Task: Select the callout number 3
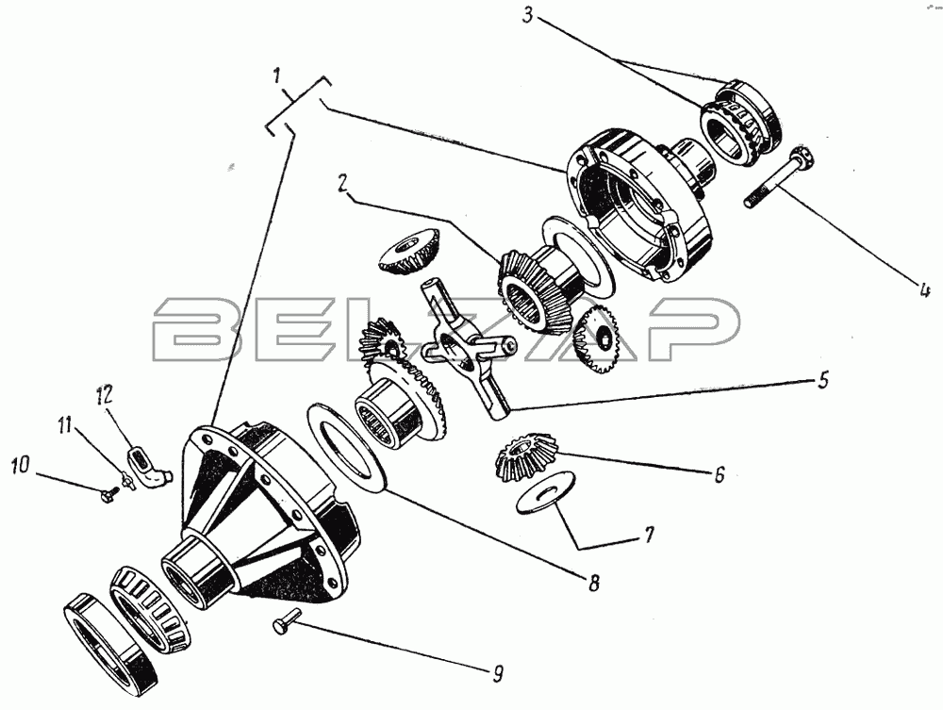click(x=527, y=14)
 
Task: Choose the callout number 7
click(x=648, y=535)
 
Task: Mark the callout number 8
click(x=593, y=582)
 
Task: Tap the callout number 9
click(x=497, y=672)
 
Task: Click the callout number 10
click(x=20, y=465)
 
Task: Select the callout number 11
click(x=64, y=426)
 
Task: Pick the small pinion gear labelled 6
click(x=526, y=458)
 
